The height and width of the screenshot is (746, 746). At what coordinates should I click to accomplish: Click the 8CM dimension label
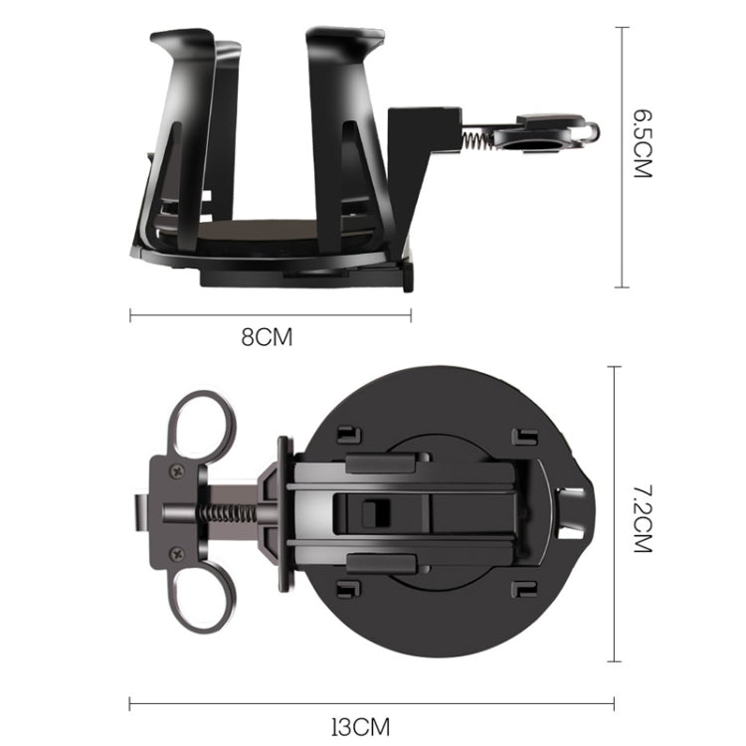(x=267, y=337)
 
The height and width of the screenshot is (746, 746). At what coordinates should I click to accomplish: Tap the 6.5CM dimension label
(x=643, y=143)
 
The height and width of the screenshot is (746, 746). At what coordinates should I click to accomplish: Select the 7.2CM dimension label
(x=643, y=518)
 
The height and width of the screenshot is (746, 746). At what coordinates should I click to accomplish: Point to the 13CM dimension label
(x=360, y=727)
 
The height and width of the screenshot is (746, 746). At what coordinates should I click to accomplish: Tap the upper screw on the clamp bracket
(x=178, y=471)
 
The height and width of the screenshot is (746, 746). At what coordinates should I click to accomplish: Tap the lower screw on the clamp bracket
(x=178, y=553)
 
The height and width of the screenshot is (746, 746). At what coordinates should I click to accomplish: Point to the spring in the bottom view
(x=228, y=513)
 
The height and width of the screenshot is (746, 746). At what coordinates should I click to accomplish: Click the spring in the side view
(x=477, y=140)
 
